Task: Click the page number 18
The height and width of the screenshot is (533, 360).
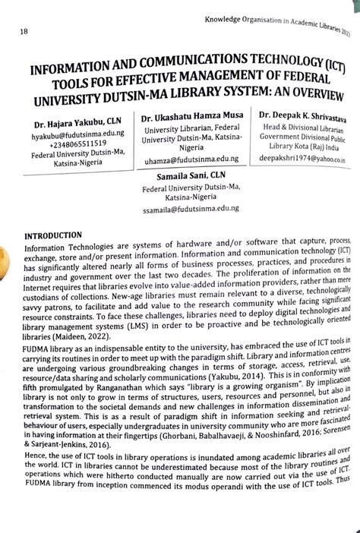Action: tap(24, 32)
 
